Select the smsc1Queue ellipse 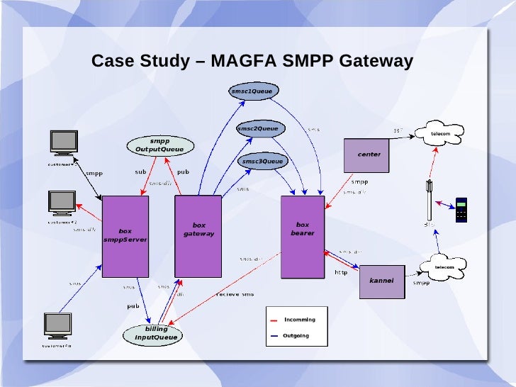pos(252,91)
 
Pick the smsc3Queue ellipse pos(262,162)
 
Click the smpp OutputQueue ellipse pos(159,145)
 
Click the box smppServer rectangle pos(125,236)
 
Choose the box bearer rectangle pos(303,237)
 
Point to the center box pos(366,155)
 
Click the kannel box pos(381,281)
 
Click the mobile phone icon pos(461,208)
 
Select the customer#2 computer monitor pos(62,203)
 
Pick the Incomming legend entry pos(299,320)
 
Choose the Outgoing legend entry pos(296,336)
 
